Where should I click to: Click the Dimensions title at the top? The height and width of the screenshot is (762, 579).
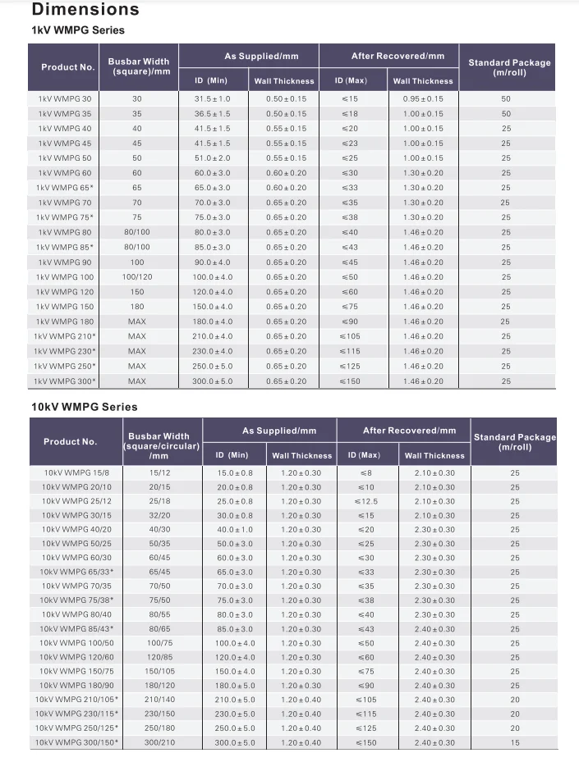tap(85, 10)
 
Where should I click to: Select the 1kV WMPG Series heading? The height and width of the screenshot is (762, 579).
tap(77, 30)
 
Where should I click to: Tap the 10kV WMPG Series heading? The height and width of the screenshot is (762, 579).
tap(84, 407)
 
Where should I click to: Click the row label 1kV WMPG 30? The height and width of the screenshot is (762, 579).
tap(65, 98)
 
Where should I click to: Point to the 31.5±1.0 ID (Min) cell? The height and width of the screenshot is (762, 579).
tap(212, 98)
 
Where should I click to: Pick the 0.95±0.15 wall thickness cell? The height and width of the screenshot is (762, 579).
tap(423, 98)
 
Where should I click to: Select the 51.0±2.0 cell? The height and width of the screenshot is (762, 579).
tap(212, 158)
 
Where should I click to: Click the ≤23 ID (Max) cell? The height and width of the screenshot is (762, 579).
tap(349, 144)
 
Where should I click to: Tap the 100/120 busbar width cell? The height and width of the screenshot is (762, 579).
tap(136, 277)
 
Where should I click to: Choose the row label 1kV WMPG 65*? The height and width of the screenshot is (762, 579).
tap(65, 188)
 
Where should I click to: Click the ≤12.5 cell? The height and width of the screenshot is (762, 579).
tap(365, 501)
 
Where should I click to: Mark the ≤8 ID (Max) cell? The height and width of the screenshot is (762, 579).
tap(365, 473)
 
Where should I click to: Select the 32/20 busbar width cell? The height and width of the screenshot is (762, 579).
tap(159, 516)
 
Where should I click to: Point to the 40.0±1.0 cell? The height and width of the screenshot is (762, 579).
tap(235, 530)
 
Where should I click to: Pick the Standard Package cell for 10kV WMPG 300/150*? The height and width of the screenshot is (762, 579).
tap(515, 742)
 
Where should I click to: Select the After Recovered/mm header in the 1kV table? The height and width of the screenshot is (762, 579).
tap(397, 57)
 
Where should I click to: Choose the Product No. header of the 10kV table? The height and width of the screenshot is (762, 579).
tap(70, 441)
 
